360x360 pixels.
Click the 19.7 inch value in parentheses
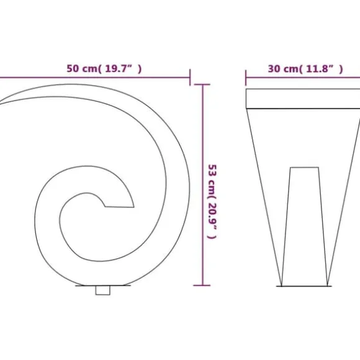point(119,69)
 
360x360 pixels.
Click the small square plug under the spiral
point(102,290)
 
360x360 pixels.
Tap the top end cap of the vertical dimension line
point(202,84)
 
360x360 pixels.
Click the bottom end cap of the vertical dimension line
point(202,286)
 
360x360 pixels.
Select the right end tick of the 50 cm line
point(190,77)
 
